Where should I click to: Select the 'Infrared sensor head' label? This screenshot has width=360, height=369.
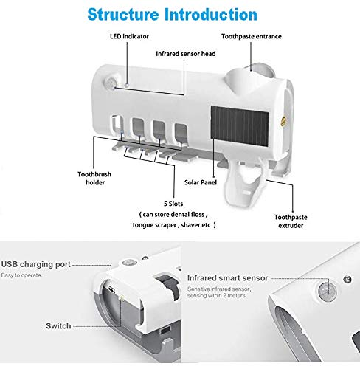[x=184, y=54]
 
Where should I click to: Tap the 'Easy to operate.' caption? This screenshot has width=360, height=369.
[x=21, y=275]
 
